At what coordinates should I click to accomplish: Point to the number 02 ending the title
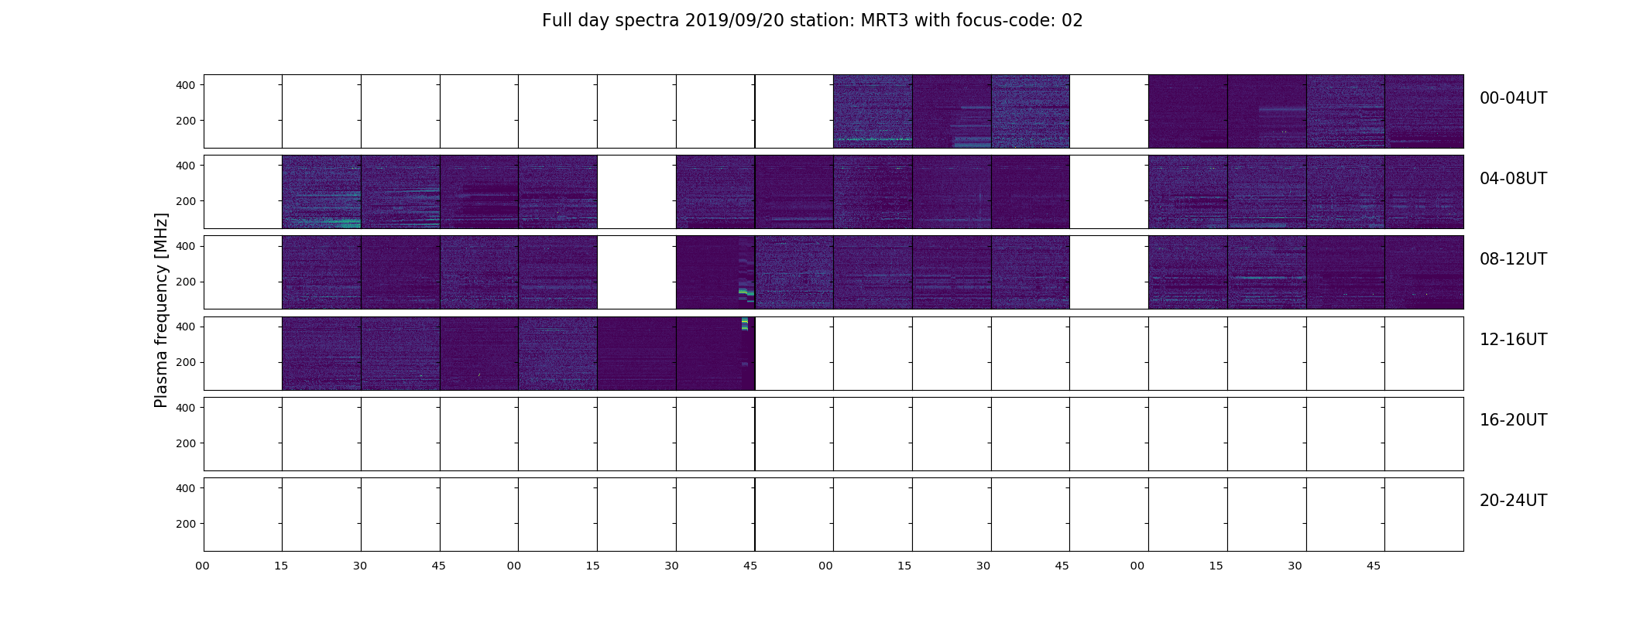point(1072,21)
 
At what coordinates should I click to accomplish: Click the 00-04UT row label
point(1513,98)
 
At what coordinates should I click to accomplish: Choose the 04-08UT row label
point(1513,179)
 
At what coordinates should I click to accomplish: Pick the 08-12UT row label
point(1513,259)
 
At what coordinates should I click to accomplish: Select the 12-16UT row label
point(1513,340)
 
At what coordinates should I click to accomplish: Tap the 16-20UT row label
point(1513,420)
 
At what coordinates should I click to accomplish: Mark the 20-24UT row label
point(1513,501)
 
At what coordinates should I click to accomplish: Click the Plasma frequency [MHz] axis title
point(161,310)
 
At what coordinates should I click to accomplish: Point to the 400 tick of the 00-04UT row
point(186,85)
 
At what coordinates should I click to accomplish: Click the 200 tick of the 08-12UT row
point(186,282)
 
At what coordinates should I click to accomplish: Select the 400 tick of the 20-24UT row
point(186,488)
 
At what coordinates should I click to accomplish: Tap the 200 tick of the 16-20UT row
point(186,443)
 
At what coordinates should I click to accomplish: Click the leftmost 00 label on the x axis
point(203,566)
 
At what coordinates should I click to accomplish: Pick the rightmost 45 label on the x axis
point(1374,566)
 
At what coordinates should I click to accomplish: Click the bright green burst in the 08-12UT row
point(746,293)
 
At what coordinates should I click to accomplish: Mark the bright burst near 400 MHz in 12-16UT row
point(745,324)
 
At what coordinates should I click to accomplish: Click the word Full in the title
point(556,21)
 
